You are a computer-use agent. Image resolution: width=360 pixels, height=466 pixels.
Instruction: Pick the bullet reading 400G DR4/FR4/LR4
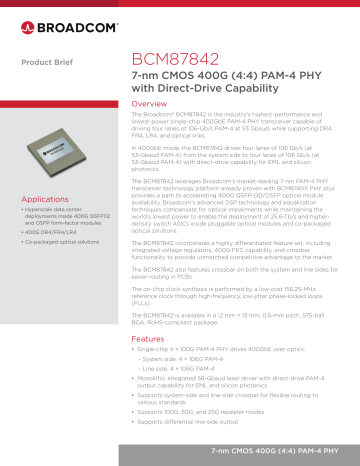tap(50, 231)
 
